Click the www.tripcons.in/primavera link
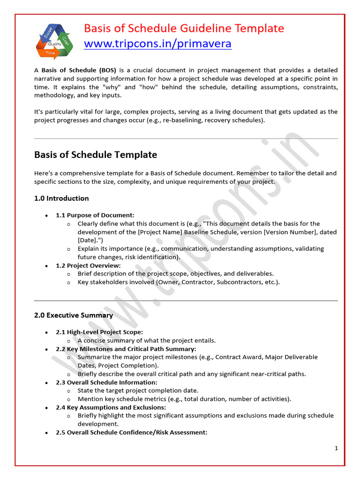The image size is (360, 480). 157,44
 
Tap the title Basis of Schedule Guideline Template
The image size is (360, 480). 184,28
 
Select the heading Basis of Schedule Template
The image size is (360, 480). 96,155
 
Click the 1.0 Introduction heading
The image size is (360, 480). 61,198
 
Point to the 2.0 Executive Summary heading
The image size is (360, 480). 74,315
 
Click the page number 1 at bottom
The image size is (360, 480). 336,448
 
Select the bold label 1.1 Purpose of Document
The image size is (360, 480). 95,215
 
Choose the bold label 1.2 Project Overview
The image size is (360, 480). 88,265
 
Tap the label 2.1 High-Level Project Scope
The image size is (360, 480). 99,332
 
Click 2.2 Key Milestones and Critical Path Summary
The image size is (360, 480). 126,349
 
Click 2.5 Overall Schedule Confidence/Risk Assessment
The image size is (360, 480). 131,432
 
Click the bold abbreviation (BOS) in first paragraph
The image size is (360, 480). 107,70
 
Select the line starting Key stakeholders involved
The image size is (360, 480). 179,282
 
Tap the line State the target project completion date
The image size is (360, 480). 138,390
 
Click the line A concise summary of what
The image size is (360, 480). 147,340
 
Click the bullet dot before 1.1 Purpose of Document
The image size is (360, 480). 46,216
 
